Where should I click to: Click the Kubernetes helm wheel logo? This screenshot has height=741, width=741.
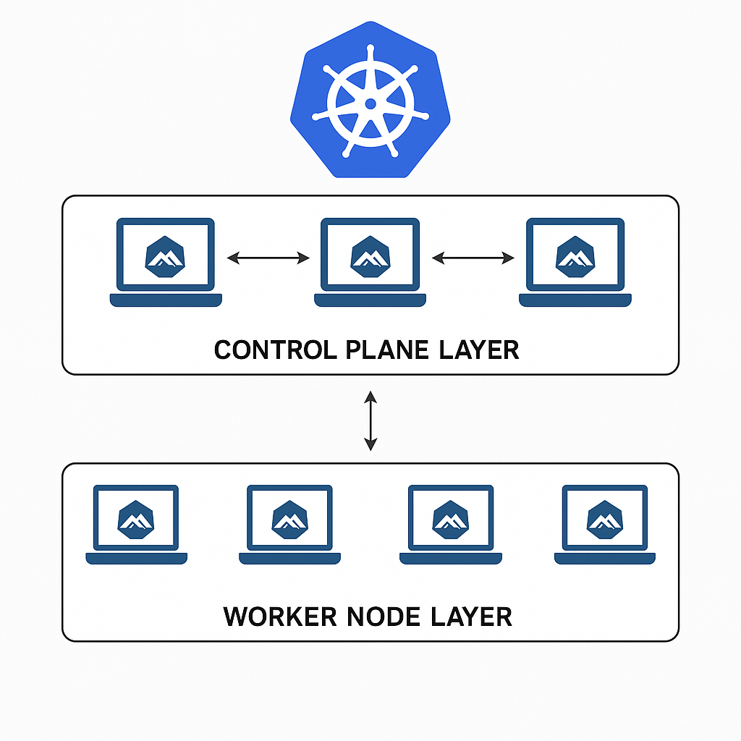click(370, 101)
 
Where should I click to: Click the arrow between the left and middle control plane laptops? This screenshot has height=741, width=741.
click(268, 258)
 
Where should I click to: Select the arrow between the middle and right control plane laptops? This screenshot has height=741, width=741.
click(473, 258)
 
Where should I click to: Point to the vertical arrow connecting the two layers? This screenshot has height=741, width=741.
click(370, 420)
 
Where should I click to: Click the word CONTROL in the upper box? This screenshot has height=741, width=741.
click(273, 350)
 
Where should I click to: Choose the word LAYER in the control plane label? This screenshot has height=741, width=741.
click(479, 350)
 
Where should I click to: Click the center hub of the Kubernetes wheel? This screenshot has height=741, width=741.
click(370, 103)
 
